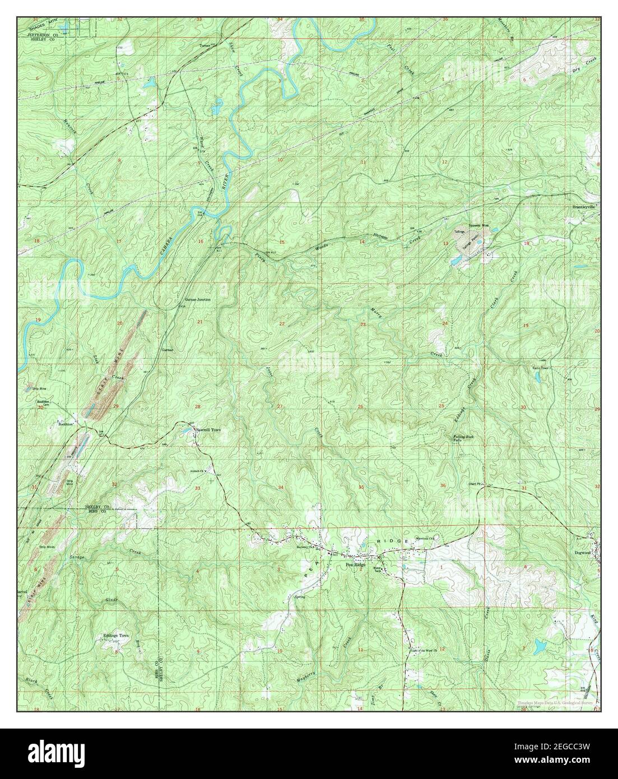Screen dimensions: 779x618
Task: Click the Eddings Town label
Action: (x=116, y=636)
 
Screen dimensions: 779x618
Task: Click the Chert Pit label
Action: (x=476, y=485)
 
